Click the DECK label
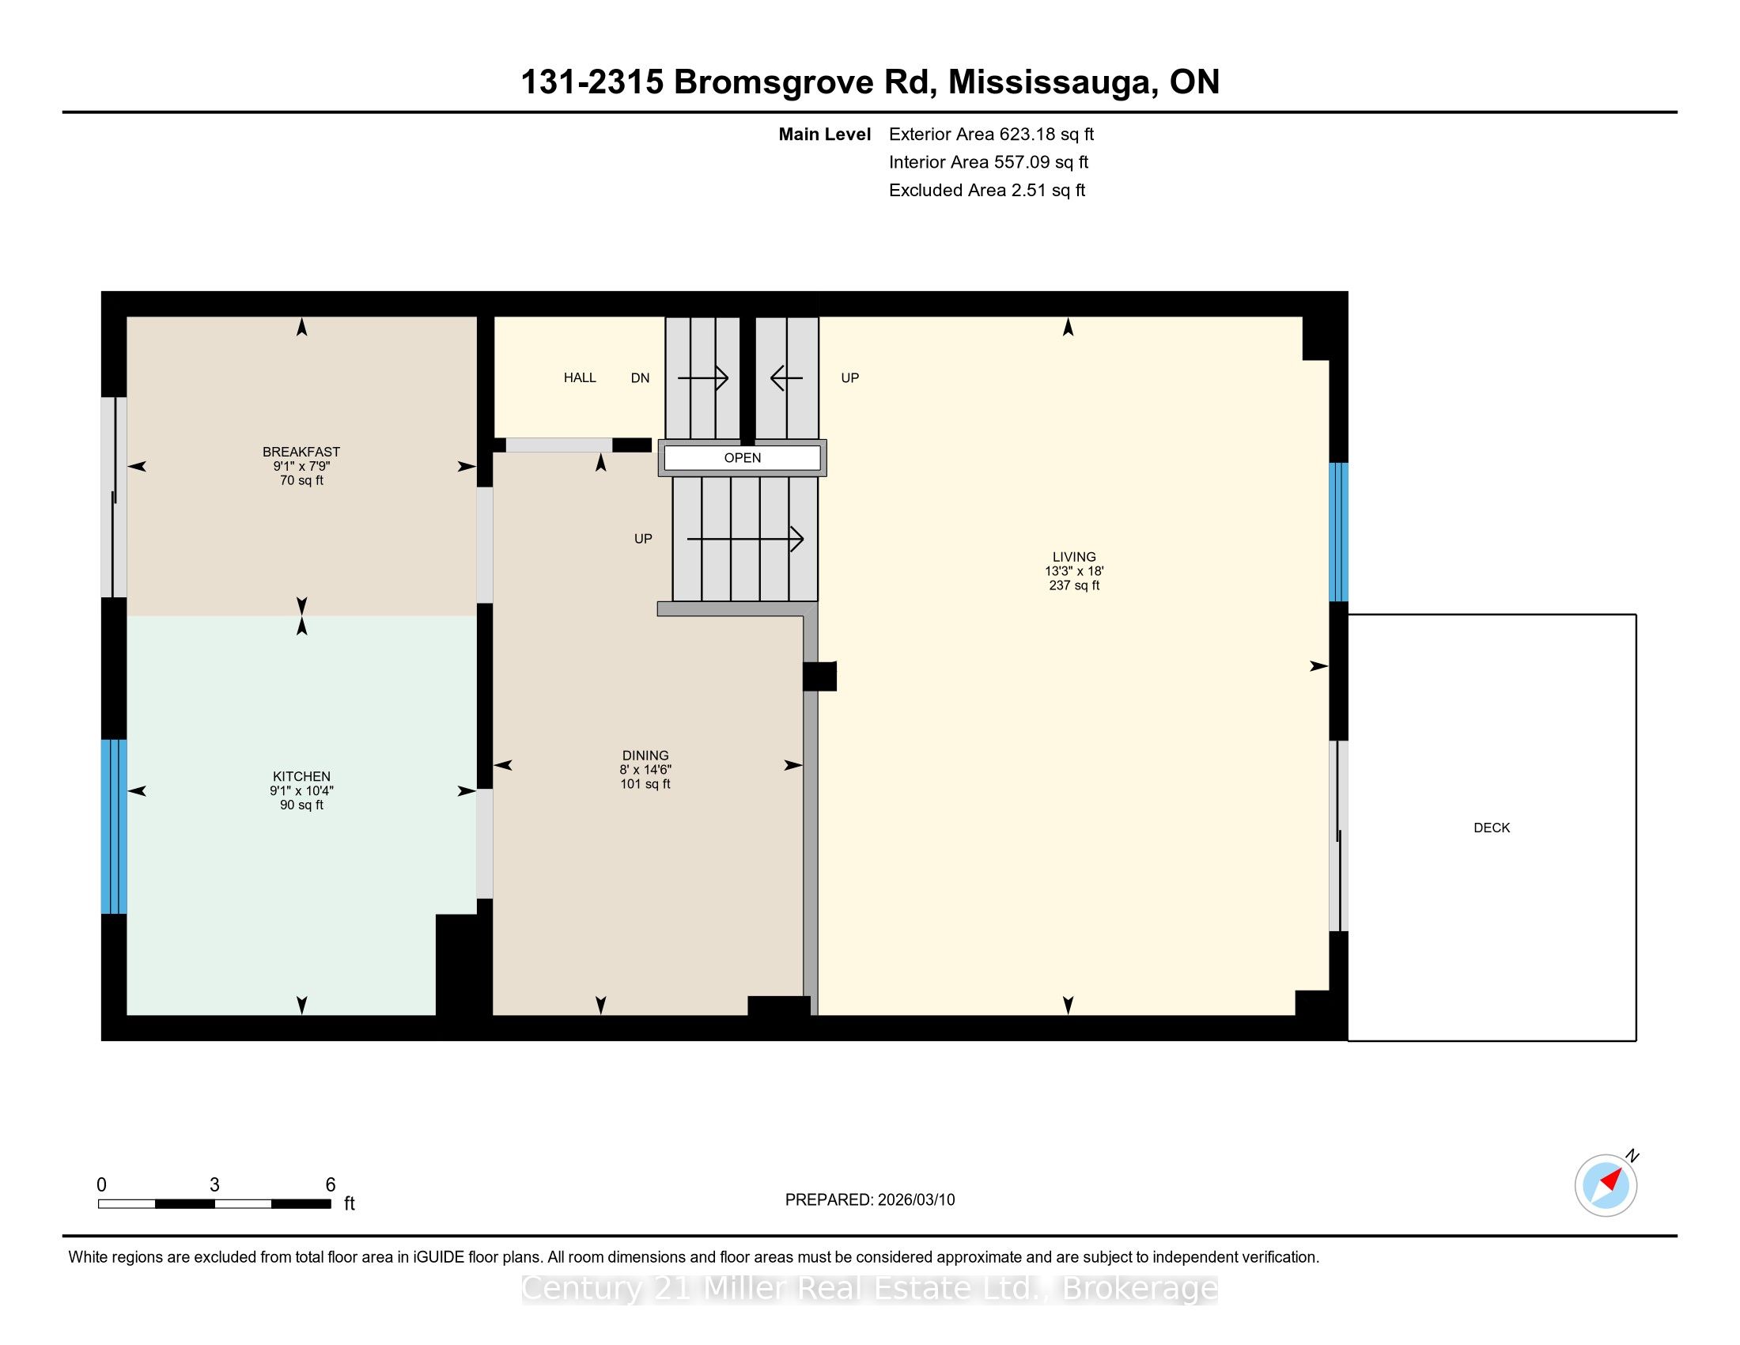(x=1492, y=828)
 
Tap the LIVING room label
(x=1074, y=557)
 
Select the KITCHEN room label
(x=301, y=776)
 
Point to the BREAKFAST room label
(x=301, y=452)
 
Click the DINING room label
(x=645, y=756)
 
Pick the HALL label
(x=580, y=377)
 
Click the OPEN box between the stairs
(x=743, y=458)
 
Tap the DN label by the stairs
(x=641, y=377)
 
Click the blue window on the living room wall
(x=1338, y=532)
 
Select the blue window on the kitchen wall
(x=114, y=826)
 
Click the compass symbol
(x=1606, y=1185)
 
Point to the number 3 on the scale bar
(x=214, y=1185)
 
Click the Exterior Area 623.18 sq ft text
(x=992, y=134)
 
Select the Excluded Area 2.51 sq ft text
(x=987, y=190)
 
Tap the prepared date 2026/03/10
(x=915, y=1200)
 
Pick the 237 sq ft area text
(x=1074, y=585)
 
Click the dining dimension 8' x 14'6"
(x=645, y=770)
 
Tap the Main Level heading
(x=825, y=134)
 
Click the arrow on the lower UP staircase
(x=745, y=540)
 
